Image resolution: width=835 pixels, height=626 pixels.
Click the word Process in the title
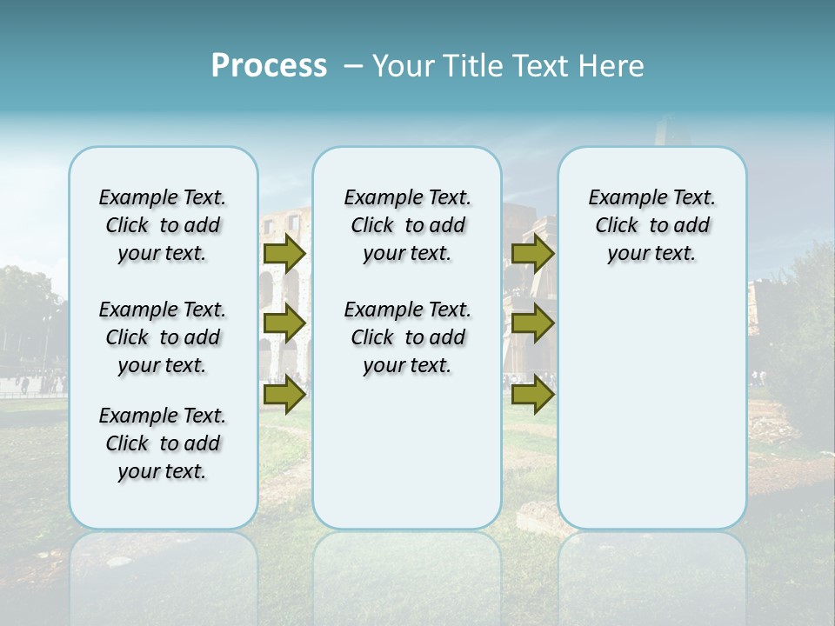coord(269,66)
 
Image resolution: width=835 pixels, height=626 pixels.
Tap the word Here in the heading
coord(611,66)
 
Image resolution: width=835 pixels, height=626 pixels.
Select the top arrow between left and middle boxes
coord(284,253)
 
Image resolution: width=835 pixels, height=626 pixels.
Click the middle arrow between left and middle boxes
coord(284,323)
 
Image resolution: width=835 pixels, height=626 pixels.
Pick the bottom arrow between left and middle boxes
coord(284,395)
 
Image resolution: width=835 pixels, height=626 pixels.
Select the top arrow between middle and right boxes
coord(532,253)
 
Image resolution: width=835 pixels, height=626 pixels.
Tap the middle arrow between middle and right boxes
coord(532,323)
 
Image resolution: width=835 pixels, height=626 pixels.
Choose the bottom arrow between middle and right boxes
coord(532,395)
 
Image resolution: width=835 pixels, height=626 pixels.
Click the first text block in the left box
coord(163,225)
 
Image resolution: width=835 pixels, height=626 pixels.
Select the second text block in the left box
coord(163,337)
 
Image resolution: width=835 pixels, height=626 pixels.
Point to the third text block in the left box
coord(163,443)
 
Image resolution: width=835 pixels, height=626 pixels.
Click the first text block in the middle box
coord(407,225)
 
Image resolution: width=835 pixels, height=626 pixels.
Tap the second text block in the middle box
coord(407,337)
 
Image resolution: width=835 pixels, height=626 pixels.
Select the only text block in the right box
coord(651,225)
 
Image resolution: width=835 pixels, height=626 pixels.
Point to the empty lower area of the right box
coord(651,400)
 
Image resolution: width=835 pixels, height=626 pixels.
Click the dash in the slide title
coord(354,66)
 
